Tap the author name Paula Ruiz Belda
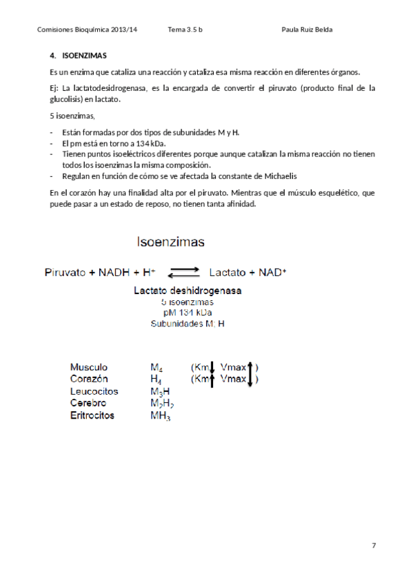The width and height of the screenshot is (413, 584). [312, 30]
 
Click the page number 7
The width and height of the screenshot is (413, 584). [374, 545]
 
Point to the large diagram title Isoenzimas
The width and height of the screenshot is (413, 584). [170, 242]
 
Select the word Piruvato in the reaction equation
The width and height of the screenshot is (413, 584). [66, 272]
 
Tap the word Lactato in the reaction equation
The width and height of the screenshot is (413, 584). [228, 272]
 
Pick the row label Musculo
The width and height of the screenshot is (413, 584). [89, 367]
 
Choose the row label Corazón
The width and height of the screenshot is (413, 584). [89, 379]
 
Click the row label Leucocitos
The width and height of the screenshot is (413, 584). [94, 391]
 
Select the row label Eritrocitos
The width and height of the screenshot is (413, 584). [92, 415]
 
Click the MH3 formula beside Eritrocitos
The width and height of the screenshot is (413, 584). [160, 416]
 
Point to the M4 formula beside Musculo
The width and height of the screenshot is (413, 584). [156, 368]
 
